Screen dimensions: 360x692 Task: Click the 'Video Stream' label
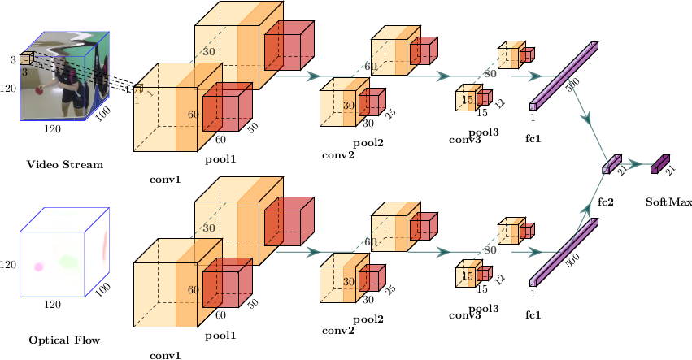click(x=64, y=165)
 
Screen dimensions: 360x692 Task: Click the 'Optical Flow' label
click(x=64, y=340)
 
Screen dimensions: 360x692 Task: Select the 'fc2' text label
click(x=606, y=201)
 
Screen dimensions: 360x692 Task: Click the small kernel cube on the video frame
click(x=26, y=58)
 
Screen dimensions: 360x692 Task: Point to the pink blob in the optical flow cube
click(x=38, y=266)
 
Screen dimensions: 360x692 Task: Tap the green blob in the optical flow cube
click(x=67, y=262)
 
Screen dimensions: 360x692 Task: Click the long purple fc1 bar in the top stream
click(x=565, y=73)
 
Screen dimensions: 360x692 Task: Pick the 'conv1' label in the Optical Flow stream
click(x=165, y=355)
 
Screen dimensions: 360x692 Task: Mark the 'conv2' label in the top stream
click(x=338, y=154)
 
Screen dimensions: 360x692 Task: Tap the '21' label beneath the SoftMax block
click(x=671, y=171)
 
